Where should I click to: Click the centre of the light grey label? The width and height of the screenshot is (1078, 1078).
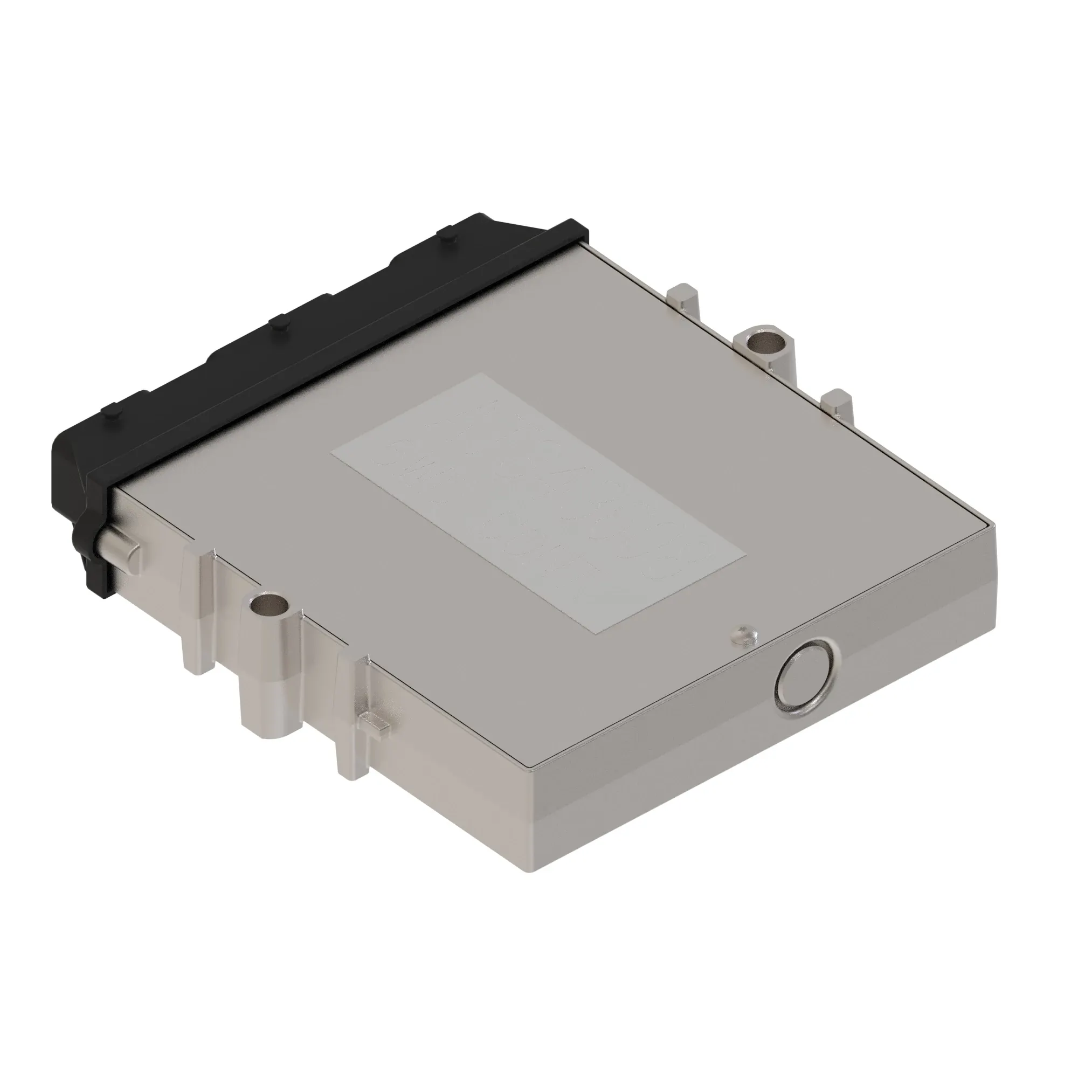coord(538,503)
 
